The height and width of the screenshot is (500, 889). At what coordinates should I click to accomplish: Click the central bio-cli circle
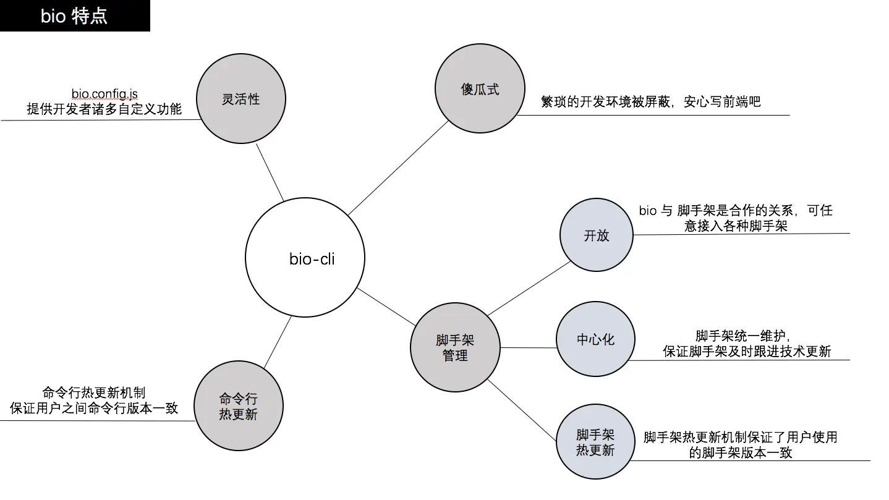[305, 258]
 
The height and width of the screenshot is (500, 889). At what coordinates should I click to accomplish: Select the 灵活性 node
[241, 99]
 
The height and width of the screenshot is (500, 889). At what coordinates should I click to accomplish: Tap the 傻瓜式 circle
[480, 89]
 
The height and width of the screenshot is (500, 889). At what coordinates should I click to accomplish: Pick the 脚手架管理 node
[455, 347]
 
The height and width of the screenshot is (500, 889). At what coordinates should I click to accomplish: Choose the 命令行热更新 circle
[239, 406]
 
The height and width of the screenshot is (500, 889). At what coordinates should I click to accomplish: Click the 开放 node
[596, 235]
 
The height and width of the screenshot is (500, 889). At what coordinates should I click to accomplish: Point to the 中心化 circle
[595, 339]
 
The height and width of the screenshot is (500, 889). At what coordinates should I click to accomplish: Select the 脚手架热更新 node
[595, 443]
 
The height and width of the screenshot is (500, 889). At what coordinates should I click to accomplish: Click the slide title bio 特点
[74, 15]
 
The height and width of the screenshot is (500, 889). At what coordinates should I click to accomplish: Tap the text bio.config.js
[104, 94]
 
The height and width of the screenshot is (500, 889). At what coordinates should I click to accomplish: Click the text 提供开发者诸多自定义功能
[104, 109]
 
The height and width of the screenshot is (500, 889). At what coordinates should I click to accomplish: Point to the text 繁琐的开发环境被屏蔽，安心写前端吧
[650, 102]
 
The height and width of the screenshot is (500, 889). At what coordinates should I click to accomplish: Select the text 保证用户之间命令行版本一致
[94, 408]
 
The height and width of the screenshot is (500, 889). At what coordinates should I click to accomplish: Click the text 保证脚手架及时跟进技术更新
[747, 352]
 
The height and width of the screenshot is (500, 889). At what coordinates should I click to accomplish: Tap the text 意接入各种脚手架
[736, 226]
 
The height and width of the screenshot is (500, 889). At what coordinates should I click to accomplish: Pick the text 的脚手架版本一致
[741, 452]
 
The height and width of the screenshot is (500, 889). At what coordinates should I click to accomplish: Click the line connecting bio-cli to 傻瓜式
[399, 167]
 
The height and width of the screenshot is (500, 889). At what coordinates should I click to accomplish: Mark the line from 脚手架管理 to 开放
[530, 288]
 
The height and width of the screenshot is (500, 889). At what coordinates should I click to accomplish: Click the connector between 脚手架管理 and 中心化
[528, 347]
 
